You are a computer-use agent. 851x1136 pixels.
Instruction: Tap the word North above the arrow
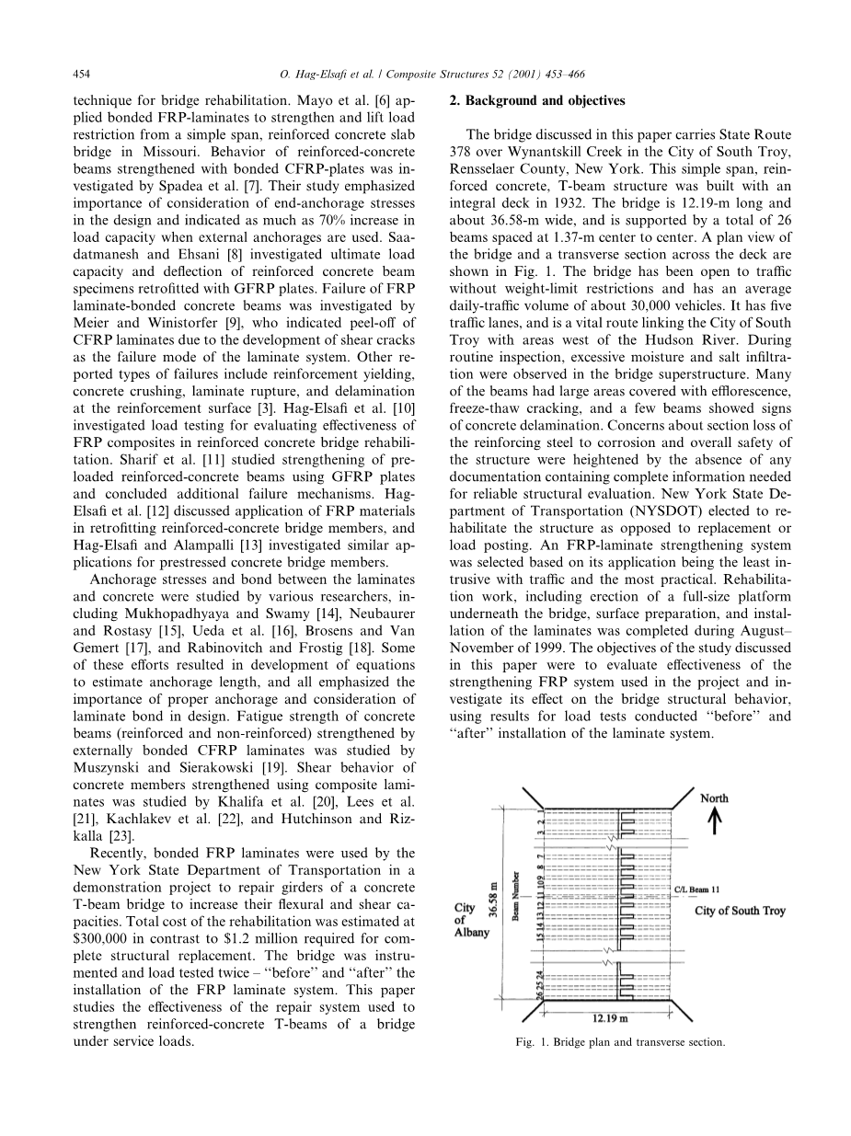(x=714, y=797)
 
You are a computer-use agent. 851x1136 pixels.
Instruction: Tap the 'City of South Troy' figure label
(x=740, y=911)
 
